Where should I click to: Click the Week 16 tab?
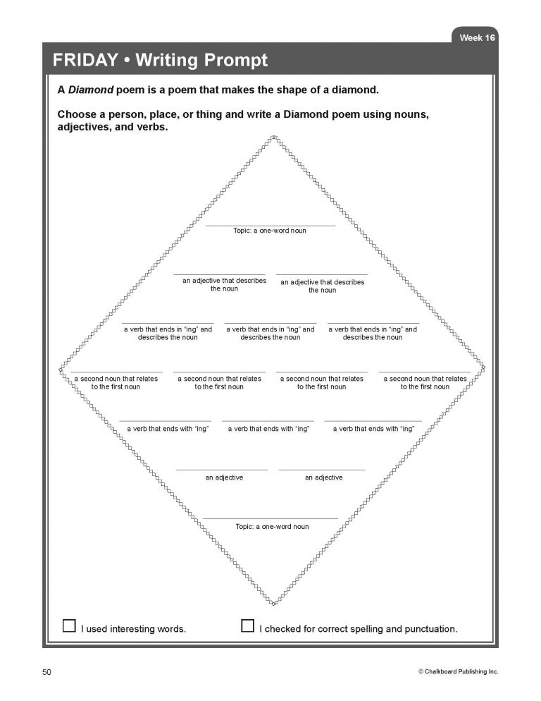pyautogui.click(x=476, y=37)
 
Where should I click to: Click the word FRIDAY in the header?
pyautogui.click(x=84, y=61)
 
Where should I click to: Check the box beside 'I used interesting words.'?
pyautogui.click(x=69, y=626)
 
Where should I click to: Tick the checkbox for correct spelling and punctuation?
pyautogui.click(x=247, y=626)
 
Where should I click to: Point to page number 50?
pyautogui.click(x=47, y=672)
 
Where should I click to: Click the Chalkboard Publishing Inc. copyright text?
pyautogui.click(x=458, y=672)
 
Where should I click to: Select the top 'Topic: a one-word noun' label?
pyautogui.click(x=270, y=231)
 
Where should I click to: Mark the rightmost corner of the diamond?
pyautogui.click(x=485, y=367)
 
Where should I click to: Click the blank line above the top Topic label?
pyautogui.click(x=270, y=226)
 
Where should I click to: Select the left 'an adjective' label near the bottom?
pyautogui.click(x=224, y=478)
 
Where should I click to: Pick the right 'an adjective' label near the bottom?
pyautogui.click(x=323, y=478)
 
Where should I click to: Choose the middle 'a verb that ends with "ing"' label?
pyautogui.click(x=268, y=429)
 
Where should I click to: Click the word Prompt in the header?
pyautogui.click(x=233, y=61)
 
